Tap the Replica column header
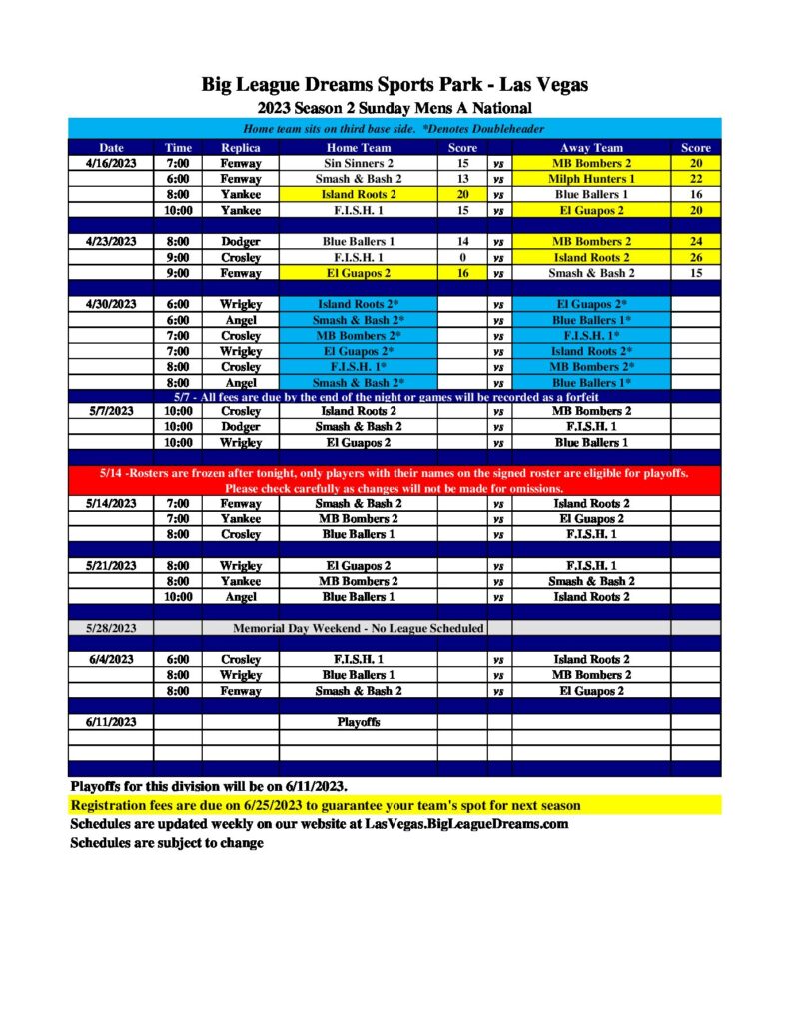coord(240,148)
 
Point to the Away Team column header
coord(591,148)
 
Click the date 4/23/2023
coord(111,241)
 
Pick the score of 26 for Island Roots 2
coord(695,257)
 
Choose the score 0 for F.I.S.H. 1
coord(462,257)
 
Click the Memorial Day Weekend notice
coord(359,628)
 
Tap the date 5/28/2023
coord(111,628)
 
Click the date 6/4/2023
coord(111,659)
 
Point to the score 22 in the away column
coord(695,178)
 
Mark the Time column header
coord(178,148)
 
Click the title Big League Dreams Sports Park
coord(395,85)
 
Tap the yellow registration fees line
coord(326,805)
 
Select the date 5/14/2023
coord(111,504)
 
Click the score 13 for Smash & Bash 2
coord(462,178)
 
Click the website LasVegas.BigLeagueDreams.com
coord(466,824)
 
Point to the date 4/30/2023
coord(111,304)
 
